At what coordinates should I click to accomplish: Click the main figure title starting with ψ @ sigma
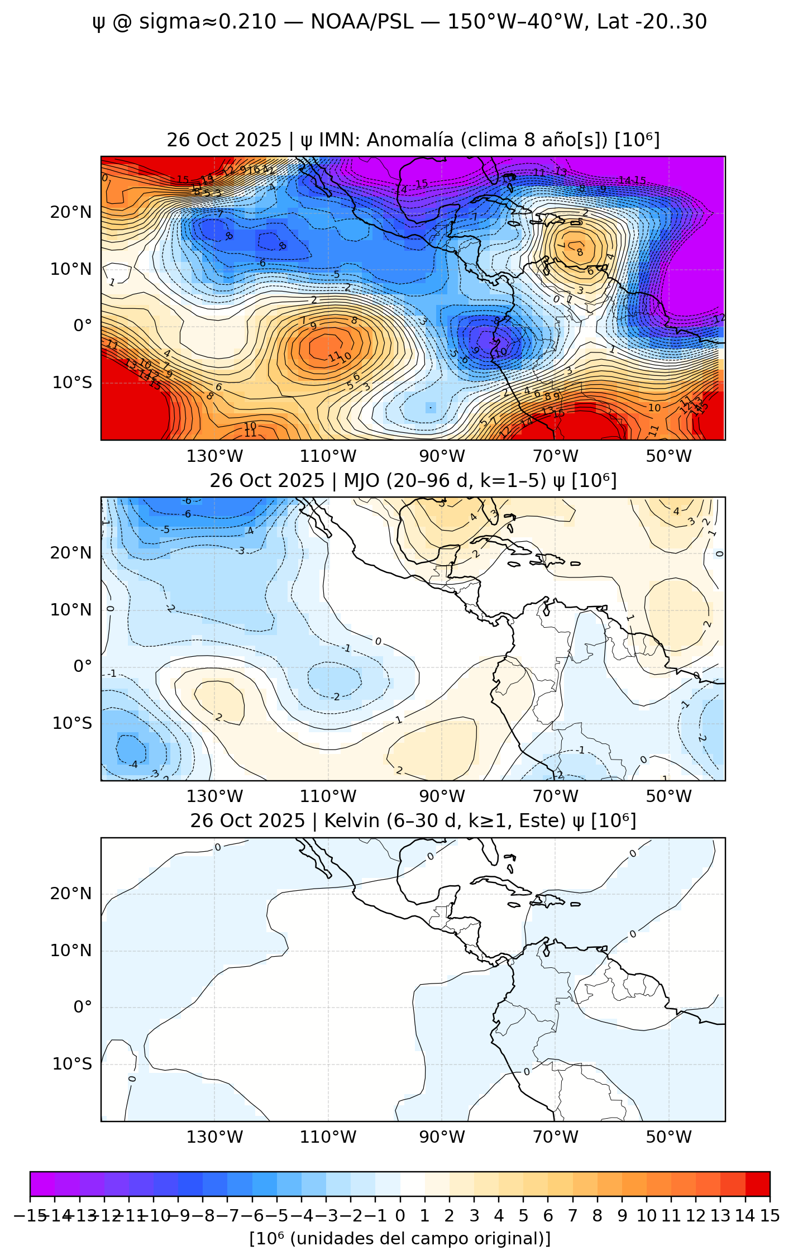399,22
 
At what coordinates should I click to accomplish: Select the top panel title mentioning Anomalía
413,140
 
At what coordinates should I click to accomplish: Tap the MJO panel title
413,480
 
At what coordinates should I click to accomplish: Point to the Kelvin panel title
413,821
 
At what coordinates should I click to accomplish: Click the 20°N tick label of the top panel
71,213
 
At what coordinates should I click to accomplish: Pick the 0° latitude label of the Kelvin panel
83,1007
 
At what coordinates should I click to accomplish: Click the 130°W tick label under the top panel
215,456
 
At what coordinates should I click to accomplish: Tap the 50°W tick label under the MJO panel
668,796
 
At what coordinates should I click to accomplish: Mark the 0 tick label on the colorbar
400,1215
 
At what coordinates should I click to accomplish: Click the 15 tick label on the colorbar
770,1215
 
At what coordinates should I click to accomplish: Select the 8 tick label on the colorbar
597,1215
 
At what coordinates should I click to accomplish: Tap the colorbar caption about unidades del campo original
400,1238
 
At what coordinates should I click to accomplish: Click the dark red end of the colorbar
758,1183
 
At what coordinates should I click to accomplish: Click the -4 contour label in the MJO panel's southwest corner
133,765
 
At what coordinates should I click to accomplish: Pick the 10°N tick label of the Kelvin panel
71,951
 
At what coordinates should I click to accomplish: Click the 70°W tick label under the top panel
555,456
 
